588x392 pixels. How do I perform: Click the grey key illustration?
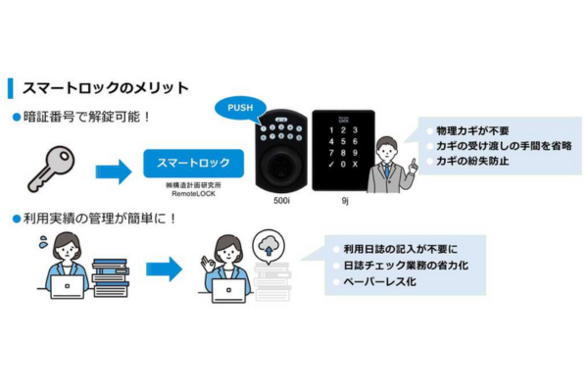tap(51, 169)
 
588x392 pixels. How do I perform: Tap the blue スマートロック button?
tap(193, 164)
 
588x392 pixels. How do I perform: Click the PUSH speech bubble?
tap(240, 109)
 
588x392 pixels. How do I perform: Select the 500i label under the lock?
tap(281, 201)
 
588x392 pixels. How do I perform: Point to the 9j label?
tap(345, 201)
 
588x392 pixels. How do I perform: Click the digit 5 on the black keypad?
tap(343, 142)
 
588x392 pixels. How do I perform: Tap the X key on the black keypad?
tap(355, 165)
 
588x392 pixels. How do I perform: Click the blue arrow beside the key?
tap(114, 171)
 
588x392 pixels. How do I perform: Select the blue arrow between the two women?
tap(164, 269)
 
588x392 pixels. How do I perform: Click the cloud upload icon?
tap(269, 246)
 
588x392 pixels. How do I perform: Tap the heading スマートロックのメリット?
tap(106, 88)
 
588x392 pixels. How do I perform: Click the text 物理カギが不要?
tap(472, 131)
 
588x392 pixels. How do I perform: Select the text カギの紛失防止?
tap(472, 162)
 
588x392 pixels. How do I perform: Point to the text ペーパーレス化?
tap(380, 281)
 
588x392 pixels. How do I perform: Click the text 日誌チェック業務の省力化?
tap(406, 266)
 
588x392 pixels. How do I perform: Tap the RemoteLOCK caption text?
tap(193, 194)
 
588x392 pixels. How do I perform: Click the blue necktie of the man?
tap(387, 171)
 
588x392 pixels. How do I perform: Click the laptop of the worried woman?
tap(68, 287)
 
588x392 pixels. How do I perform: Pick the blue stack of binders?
tap(111, 278)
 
